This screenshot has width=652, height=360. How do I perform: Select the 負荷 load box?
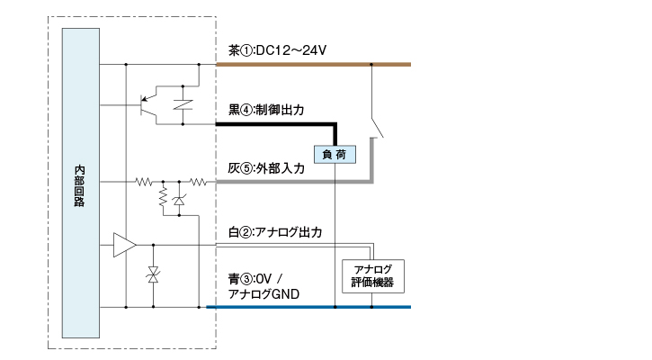click(x=335, y=154)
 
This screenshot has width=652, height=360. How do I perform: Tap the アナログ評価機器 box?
click(x=374, y=276)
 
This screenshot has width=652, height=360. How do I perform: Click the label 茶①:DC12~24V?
click(x=276, y=50)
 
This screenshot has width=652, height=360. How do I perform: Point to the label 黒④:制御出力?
click(x=266, y=110)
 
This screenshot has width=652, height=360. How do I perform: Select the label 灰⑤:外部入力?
click(x=266, y=167)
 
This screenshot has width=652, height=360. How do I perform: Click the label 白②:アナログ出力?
click(x=275, y=232)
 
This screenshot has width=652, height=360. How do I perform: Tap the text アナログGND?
click(x=263, y=294)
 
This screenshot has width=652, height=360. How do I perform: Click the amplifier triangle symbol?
click(x=123, y=245)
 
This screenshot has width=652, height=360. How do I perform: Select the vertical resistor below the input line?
click(x=163, y=195)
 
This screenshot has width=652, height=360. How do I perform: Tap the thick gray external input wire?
click(x=270, y=182)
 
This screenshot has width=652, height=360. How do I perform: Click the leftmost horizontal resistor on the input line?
click(x=143, y=182)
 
